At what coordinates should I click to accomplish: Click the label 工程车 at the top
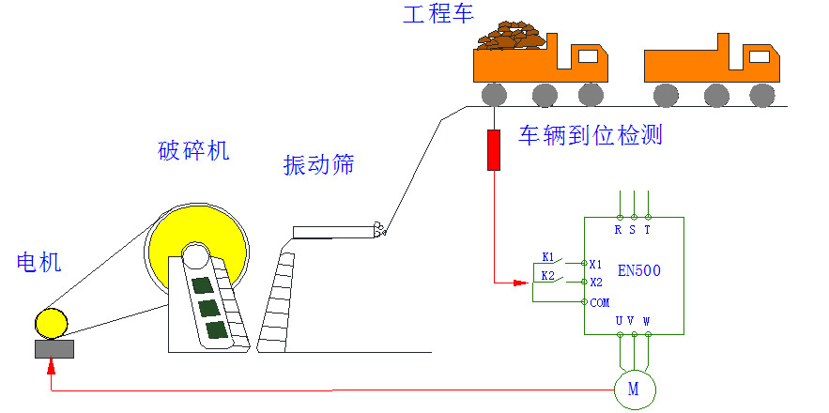(438, 14)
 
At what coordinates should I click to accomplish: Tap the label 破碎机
(192, 150)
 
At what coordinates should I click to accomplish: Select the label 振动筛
(319, 165)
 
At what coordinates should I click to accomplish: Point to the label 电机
(39, 262)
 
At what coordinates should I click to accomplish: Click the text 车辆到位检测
(591, 135)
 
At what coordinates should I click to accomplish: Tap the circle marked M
(633, 389)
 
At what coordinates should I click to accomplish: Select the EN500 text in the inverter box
(639, 271)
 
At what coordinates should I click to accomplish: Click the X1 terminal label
(595, 264)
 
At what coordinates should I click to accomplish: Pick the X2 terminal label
(595, 282)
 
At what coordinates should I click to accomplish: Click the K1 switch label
(548, 255)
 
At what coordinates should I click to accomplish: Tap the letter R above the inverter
(618, 229)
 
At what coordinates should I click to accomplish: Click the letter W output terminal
(647, 321)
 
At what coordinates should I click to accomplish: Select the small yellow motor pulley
(52, 323)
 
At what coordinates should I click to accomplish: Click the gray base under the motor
(54, 349)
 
